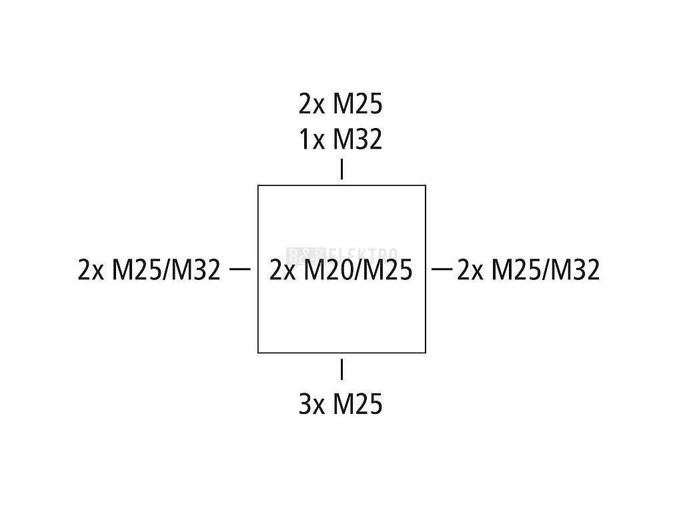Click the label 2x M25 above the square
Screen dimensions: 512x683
(340, 105)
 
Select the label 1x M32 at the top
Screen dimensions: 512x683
(340, 140)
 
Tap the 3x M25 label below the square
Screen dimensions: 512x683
(340, 404)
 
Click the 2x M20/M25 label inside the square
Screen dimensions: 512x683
(341, 270)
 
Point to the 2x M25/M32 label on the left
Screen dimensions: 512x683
(149, 270)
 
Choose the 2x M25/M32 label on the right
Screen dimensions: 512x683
(528, 270)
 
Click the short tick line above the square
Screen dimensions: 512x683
(341, 169)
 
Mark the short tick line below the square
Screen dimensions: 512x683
(341, 369)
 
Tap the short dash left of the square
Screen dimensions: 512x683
(239, 269)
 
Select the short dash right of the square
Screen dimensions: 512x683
(442, 269)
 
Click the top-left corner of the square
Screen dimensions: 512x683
(258, 185)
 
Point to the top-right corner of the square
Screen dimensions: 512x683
(426, 185)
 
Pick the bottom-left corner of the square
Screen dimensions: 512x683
(258, 352)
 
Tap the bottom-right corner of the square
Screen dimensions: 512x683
(426, 352)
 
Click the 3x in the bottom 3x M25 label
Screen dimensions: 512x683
(310, 404)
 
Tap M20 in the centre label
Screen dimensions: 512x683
(325, 270)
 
